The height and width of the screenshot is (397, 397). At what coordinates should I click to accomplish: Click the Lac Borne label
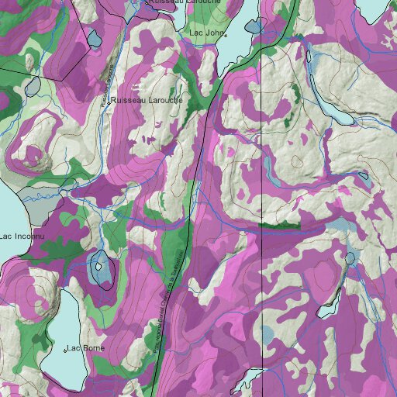click(x=87, y=347)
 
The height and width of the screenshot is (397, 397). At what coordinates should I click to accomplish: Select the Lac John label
click(x=206, y=33)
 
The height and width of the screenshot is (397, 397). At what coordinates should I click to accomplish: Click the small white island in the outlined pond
click(x=98, y=267)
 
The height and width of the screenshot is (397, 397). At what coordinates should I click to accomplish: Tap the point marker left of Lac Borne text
click(x=65, y=350)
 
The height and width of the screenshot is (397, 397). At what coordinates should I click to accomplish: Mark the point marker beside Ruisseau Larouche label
click(x=110, y=101)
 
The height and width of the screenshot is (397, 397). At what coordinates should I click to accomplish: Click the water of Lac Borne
click(x=62, y=326)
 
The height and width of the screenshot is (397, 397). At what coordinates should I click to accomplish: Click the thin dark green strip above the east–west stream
click(x=279, y=226)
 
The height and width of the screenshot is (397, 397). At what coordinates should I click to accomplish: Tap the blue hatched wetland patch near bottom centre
click(x=267, y=335)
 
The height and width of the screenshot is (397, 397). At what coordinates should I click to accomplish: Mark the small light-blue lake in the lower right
click(x=350, y=257)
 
